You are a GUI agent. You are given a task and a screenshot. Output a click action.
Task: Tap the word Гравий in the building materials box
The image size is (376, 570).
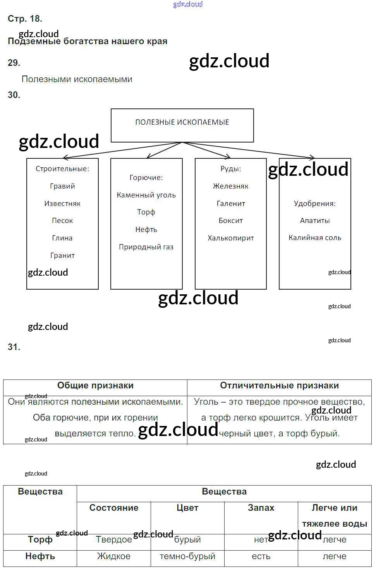(62, 186)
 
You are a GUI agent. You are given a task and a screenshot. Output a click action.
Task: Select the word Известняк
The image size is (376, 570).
(62, 204)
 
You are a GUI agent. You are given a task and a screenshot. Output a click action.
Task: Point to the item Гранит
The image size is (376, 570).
(62, 256)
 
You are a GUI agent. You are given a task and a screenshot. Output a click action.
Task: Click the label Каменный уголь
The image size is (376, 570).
(146, 195)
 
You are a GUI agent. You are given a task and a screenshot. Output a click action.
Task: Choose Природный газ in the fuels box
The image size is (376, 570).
(146, 247)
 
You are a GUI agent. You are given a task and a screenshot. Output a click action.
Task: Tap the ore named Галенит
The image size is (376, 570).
(231, 204)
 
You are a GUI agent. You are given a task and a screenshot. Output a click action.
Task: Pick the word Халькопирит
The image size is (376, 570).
(231, 238)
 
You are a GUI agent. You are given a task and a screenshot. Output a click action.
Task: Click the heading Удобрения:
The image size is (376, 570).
(315, 204)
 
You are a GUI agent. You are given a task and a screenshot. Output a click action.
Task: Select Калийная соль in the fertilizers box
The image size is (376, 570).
(315, 238)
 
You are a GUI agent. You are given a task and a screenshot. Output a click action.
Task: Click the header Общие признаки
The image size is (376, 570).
(95, 386)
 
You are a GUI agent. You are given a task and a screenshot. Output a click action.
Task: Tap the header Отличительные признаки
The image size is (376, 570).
(279, 386)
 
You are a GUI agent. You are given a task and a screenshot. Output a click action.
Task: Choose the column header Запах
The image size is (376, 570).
(261, 508)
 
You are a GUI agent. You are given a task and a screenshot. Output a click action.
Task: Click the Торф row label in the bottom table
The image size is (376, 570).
(40, 540)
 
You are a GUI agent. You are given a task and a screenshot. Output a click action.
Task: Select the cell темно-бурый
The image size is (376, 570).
(187, 556)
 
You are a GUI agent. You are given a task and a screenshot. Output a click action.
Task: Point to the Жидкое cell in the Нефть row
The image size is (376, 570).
(114, 556)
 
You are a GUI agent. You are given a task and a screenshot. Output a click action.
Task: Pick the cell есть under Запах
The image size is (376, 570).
(261, 556)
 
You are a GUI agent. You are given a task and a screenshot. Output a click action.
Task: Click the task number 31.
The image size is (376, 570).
(14, 347)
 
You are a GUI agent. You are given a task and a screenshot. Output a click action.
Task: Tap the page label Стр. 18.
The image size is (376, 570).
(25, 19)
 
